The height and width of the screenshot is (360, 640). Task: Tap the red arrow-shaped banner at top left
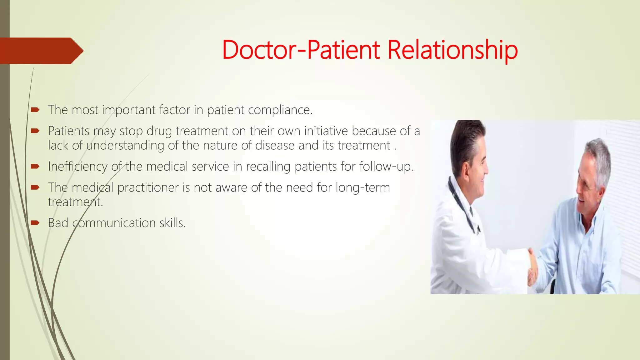[41, 51]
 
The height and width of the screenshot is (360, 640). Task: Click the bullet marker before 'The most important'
[35, 110]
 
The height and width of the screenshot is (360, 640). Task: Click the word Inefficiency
[77, 167]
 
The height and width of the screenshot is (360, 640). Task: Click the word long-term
[362, 187]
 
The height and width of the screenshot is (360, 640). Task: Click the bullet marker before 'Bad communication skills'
[35, 223]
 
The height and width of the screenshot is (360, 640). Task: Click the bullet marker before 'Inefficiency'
[35, 166]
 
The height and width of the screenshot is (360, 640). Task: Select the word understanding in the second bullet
[125, 146]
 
